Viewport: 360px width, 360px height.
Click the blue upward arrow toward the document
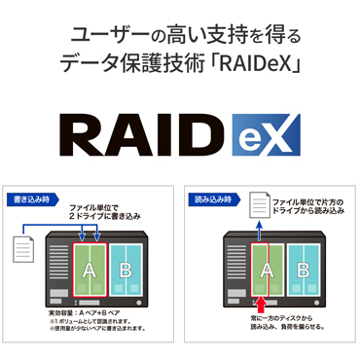(x=260, y=230)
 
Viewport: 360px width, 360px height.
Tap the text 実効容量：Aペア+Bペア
(x=84, y=313)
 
